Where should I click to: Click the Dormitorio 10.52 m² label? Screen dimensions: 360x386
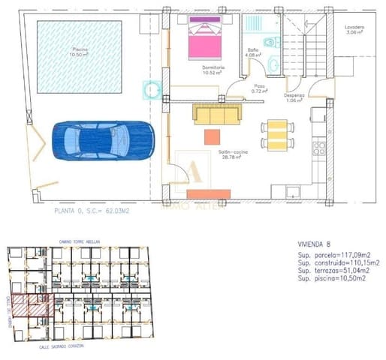pos(214,71)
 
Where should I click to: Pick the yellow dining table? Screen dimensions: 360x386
pos(276,135)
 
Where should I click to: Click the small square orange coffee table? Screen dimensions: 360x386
pos(213,136)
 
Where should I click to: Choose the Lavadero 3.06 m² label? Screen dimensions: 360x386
pos(354,30)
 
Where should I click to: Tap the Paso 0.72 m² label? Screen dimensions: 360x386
pos(260,88)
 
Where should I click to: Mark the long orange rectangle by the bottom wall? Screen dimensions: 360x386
pos(208,194)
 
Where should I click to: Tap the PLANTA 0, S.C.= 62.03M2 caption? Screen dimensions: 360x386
pos(92,212)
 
